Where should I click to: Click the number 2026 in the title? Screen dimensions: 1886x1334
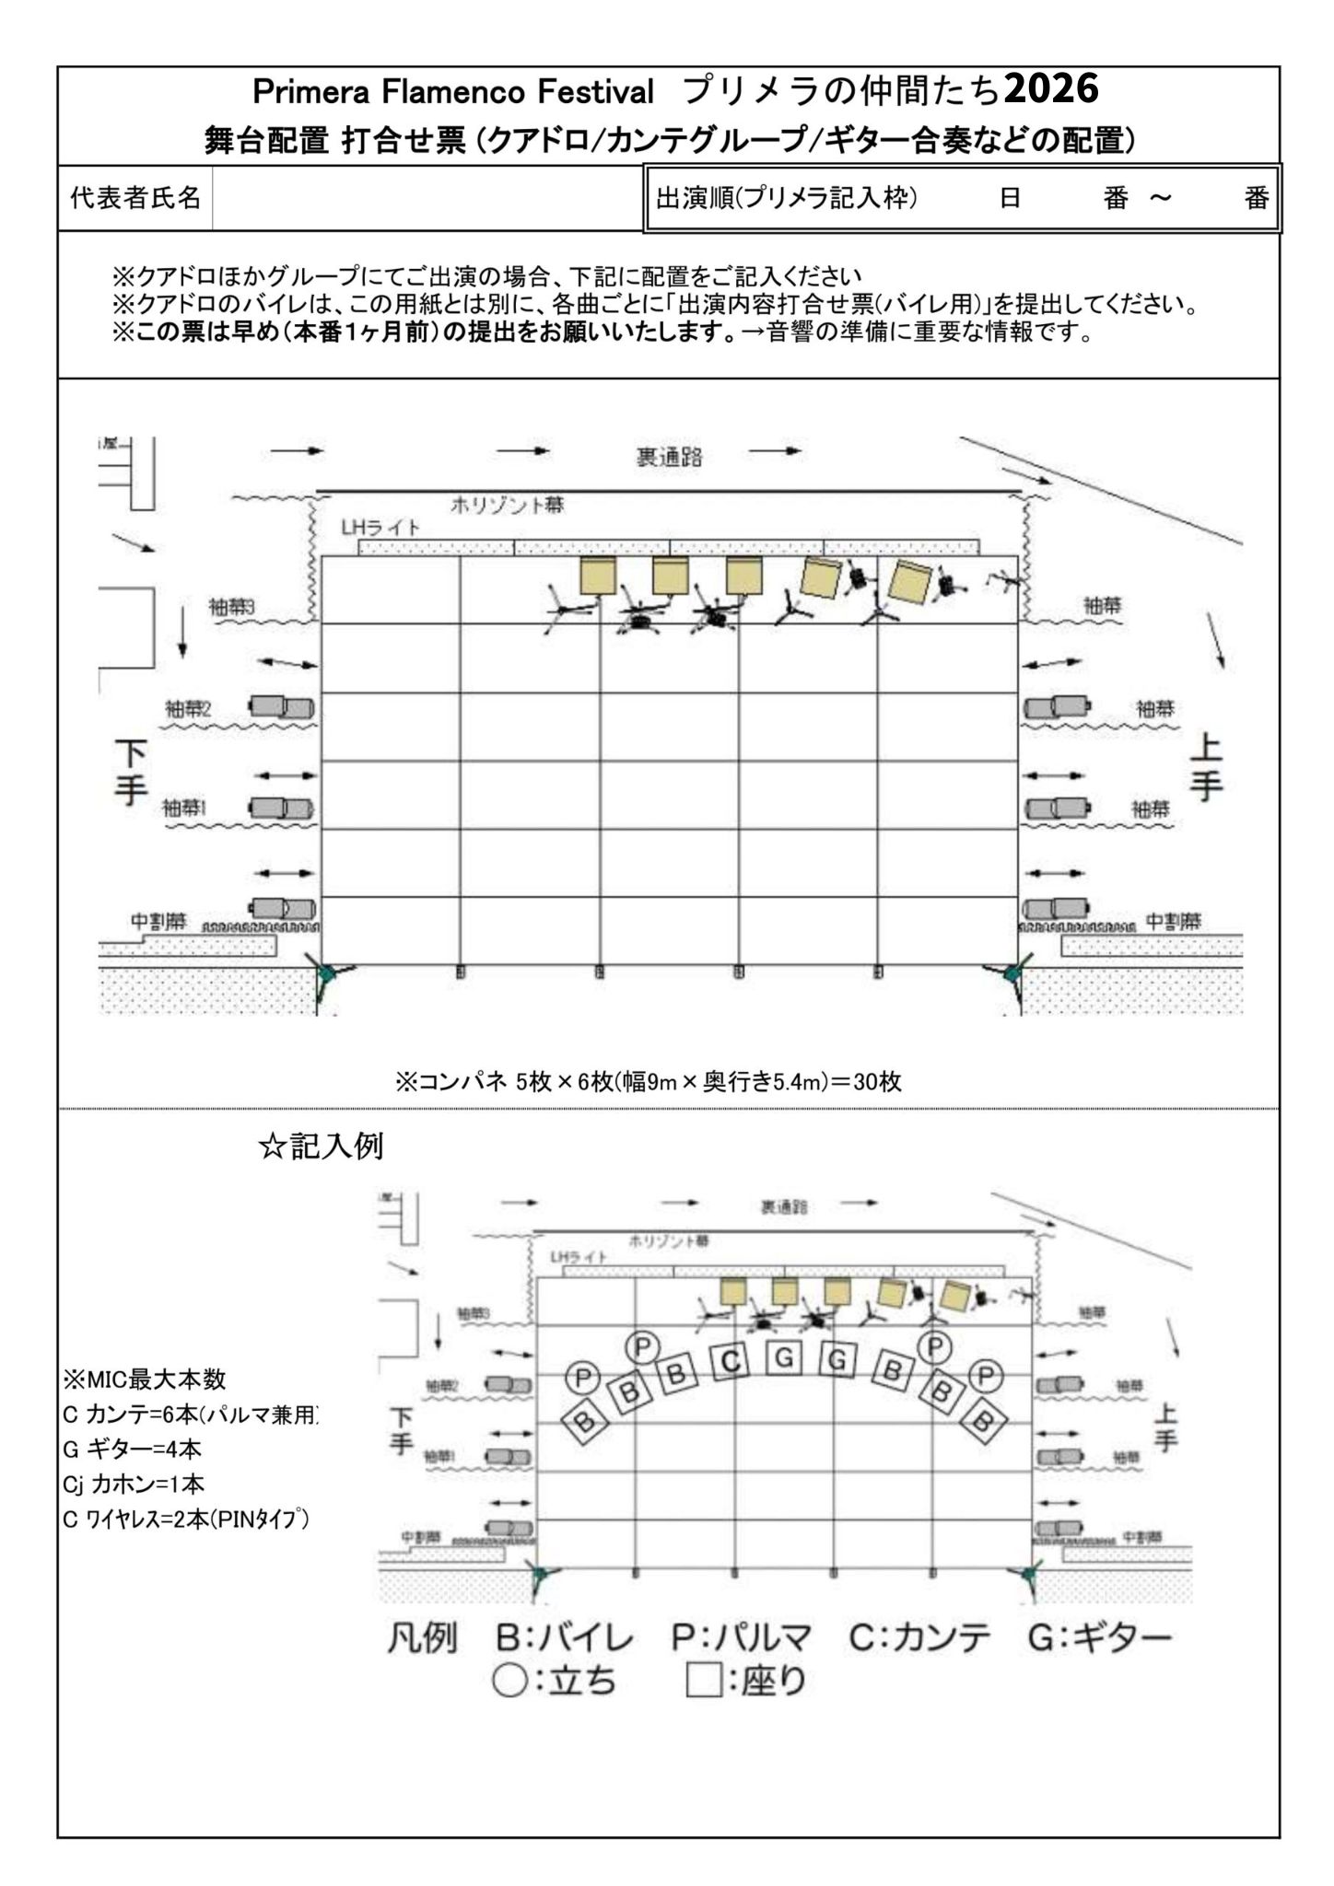1051,90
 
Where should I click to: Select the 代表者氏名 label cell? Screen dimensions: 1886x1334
135,198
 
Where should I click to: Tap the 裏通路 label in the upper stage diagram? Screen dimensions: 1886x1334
670,458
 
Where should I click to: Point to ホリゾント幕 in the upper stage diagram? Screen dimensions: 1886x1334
508,505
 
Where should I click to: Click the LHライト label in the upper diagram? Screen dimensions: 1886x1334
380,529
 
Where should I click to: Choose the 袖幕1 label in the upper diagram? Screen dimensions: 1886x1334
185,809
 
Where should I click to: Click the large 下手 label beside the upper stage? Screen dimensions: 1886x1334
132,773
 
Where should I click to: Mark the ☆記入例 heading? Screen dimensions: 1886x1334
321,1147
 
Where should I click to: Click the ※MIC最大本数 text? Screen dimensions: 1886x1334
145,1380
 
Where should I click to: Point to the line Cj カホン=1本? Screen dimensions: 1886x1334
134,1484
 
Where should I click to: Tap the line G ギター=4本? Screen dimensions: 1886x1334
132,1449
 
